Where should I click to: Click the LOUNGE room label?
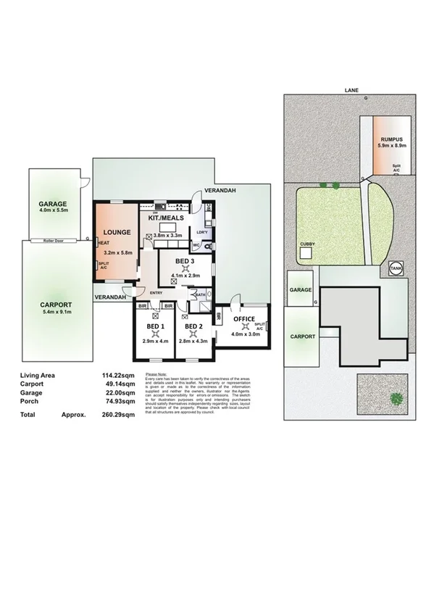point(118,232)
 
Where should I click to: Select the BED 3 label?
point(185,260)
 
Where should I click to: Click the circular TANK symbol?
point(396,268)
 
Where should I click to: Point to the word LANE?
point(351,91)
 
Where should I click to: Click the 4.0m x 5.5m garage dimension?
point(53,210)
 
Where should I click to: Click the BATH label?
point(199,294)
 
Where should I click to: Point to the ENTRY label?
point(157,292)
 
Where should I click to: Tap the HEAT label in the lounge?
point(104,243)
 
